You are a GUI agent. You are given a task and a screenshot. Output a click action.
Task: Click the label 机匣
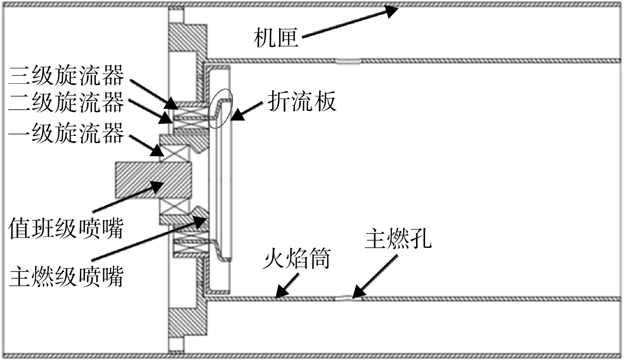276,38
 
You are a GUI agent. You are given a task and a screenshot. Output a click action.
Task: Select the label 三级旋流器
66,75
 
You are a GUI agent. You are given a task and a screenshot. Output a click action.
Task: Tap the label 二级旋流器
66,102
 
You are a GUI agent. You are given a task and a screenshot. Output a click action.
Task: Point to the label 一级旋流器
66,133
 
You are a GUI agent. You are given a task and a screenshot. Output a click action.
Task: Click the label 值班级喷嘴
66,228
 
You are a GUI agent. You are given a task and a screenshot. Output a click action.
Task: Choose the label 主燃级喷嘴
66,276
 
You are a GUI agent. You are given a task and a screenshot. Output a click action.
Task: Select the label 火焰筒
297,258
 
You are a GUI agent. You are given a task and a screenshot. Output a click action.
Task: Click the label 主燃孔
398,238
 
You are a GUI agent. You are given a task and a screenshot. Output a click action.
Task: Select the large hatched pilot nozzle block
153,180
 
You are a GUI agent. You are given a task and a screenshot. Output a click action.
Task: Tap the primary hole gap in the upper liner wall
348,61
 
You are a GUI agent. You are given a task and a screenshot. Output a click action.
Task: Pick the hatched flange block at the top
188,38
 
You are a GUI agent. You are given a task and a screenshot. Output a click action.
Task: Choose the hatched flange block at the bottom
188,322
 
